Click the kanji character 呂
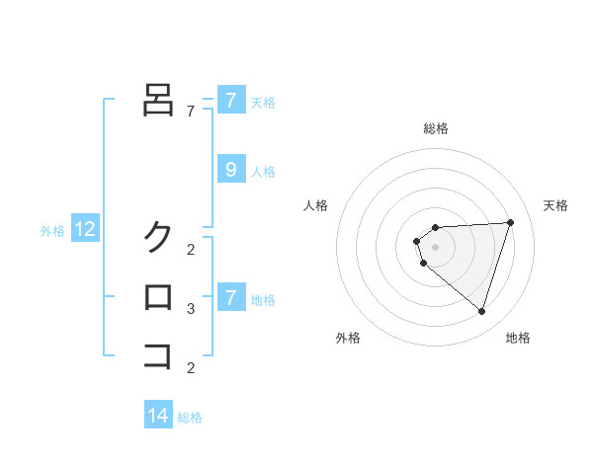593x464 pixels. coord(158,99)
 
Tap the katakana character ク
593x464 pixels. coord(158,237)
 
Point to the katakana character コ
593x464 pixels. coord(158,354)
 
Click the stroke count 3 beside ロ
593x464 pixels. coord(191,309)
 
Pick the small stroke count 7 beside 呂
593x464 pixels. coord(191,112)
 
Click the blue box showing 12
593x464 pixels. coord(84,230)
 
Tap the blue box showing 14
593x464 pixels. coord(158,416)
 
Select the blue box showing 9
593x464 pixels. coord(230,170)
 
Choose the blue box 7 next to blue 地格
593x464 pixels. coord(230,297)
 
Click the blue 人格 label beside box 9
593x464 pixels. coord(263,172)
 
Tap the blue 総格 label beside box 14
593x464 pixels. coord(191,418)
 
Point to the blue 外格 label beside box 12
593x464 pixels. coord(52,231)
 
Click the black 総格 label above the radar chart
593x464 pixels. coord(436,128)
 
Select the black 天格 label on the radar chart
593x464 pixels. coord(555,205)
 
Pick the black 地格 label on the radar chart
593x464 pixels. coord(518,338)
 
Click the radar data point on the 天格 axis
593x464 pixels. coord(510,222)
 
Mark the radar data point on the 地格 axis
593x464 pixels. coord(481,311)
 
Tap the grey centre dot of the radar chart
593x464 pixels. coord(436,246)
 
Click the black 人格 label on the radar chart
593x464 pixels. coord(316,205)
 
